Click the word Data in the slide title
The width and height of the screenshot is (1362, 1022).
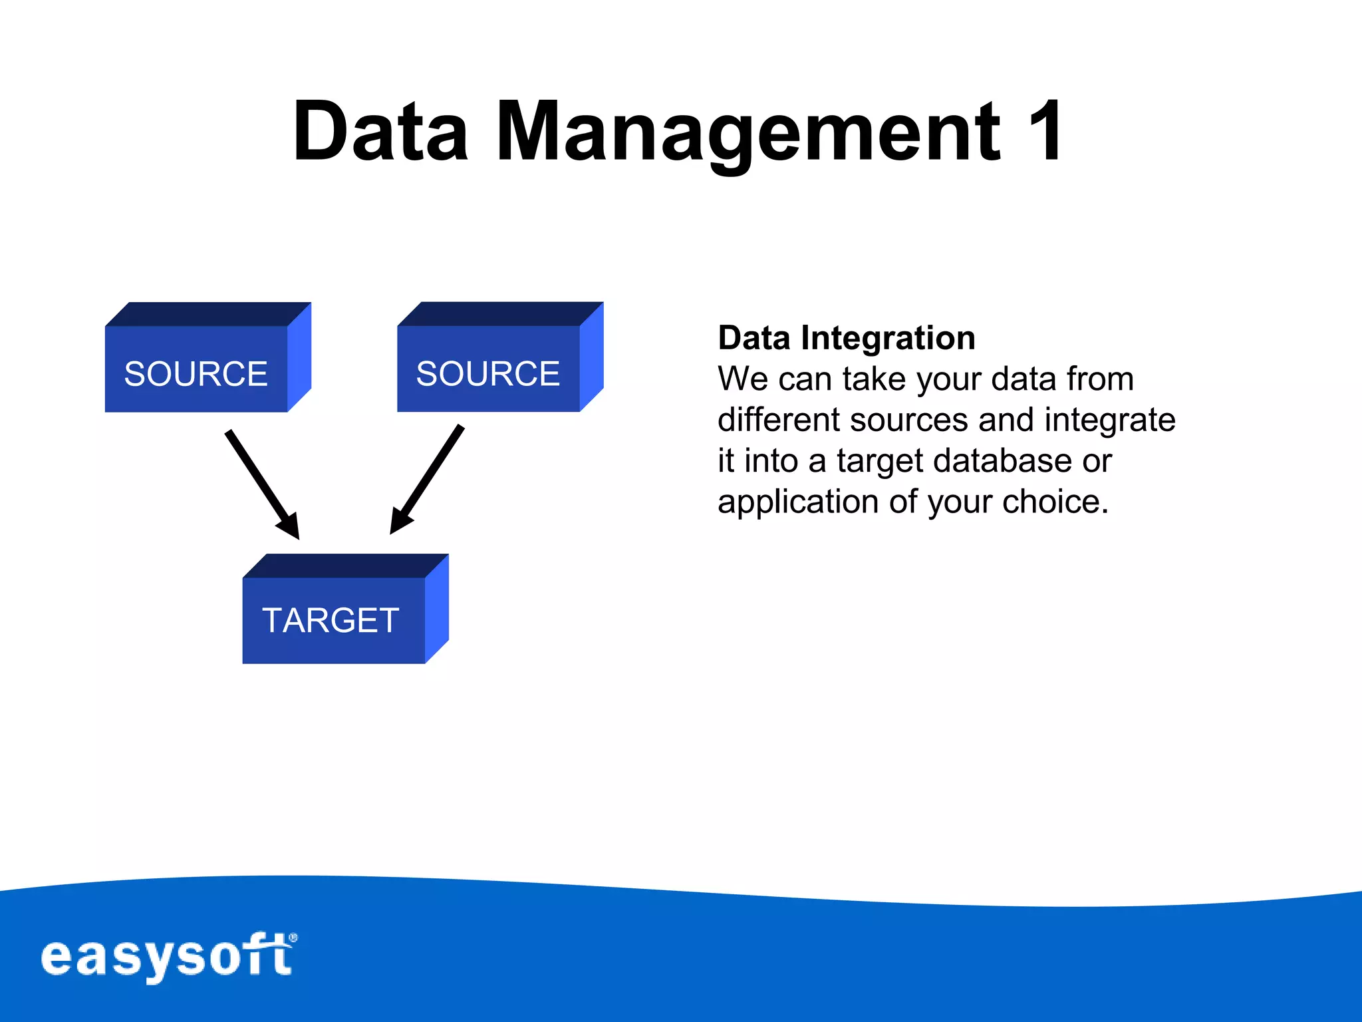point(380,131)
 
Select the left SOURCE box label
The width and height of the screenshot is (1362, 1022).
point(196,373)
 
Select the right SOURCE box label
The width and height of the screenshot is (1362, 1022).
point(487,373)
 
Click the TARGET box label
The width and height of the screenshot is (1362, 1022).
point(331,620)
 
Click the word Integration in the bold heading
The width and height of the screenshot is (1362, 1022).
point(888,338)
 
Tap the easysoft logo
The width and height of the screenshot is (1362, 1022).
point(166,957)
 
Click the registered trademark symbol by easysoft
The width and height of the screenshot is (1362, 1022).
point(293,938)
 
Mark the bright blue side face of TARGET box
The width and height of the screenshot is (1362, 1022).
point(437,609)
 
